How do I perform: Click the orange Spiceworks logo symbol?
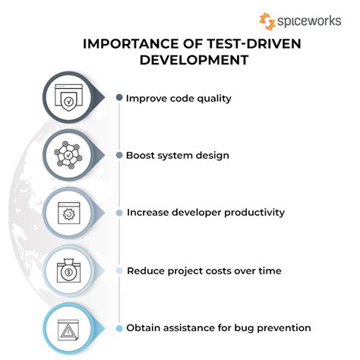coord(267,21)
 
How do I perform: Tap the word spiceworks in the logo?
coord(309,21)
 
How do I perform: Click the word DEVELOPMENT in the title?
coord(194,60)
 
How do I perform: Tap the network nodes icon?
coord(68,155)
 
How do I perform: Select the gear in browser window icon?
coord(69,213)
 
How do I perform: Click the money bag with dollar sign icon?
coord(68,270)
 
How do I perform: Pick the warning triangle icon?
coord(68,330)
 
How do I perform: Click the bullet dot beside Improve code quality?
coord(119,97)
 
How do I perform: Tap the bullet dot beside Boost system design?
coord(119,155)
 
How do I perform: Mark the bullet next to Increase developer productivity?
coord(119,213)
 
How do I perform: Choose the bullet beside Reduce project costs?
coord(119,270)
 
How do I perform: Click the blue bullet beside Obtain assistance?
coord(119,328)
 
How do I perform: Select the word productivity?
coord(254,213)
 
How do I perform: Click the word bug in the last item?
coord(244,328)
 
